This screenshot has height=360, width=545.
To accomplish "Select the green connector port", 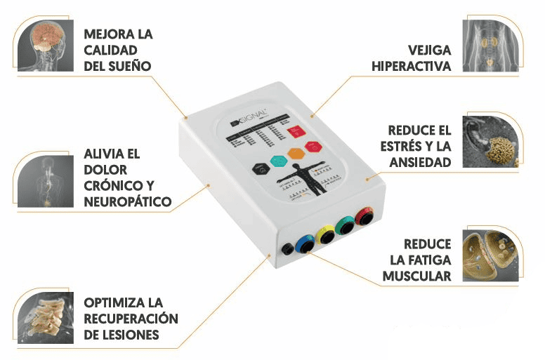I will coord(345,227).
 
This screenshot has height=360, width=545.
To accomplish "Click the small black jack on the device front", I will coord(287,248).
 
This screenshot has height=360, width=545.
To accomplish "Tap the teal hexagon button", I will coord(279,160).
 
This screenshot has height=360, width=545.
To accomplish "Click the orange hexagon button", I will coord(296,152).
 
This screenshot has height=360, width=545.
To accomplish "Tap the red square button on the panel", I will coord(296,131).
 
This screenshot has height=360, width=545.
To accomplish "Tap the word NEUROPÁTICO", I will coord(127,201).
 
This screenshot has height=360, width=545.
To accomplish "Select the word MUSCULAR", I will coord(416,276).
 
